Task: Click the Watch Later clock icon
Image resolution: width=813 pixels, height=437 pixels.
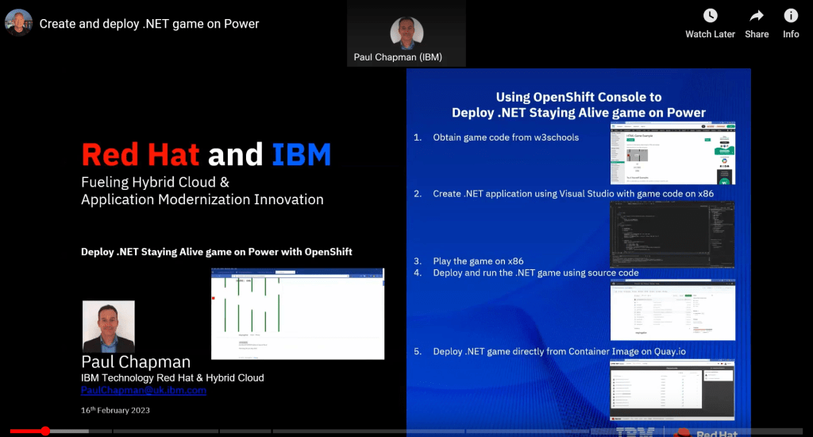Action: pyautogui.click(x=710, y=16)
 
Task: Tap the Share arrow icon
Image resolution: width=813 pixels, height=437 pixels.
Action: pyautogui.click(x=757, y=16)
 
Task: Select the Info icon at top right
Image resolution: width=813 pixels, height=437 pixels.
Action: pyautogui.click(x=791, y=16)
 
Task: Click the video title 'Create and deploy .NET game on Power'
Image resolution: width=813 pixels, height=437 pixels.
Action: pyautogui.click(x=149, y=24)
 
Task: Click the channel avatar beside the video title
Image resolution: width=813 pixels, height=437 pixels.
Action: pyautogui.click(x=19, y=23)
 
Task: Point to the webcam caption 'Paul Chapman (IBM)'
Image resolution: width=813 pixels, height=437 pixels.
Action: pyautogui.click(x=398, y=57)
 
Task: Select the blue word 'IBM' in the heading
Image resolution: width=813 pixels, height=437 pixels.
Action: pyautogui.click(x=301, y=154)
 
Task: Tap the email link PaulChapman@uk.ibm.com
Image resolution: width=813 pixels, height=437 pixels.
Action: pyautogui.click(x=144, y=390)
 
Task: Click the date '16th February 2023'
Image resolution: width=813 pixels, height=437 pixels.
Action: pyautogui.click(x=115, y=410)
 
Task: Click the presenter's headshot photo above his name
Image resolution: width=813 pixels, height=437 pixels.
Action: pyautogui.click(x=109, y=326)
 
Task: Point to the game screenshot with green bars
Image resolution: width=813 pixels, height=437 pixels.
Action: pyautogui.click(x=298, y=313)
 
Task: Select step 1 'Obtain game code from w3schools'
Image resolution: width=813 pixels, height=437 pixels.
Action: pyautogui.click(x=505, y=137)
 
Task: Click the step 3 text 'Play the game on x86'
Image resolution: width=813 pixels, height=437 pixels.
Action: pyautogui.click(x=478, y=261)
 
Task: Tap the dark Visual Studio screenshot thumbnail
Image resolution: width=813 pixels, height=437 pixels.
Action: pyautogui.click(x=672, y=234)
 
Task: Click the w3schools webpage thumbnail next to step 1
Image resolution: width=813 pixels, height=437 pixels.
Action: pyautogui.click(x=672, y=153)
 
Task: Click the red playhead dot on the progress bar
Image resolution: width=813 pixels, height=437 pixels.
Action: pyautogui.click(x=45, y=431)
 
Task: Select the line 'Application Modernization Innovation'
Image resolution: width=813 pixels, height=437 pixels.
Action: pyautogui.click(x=202, y=199)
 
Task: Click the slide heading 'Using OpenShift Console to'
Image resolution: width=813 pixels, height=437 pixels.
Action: pyautogui.click(x=578, y=97)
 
